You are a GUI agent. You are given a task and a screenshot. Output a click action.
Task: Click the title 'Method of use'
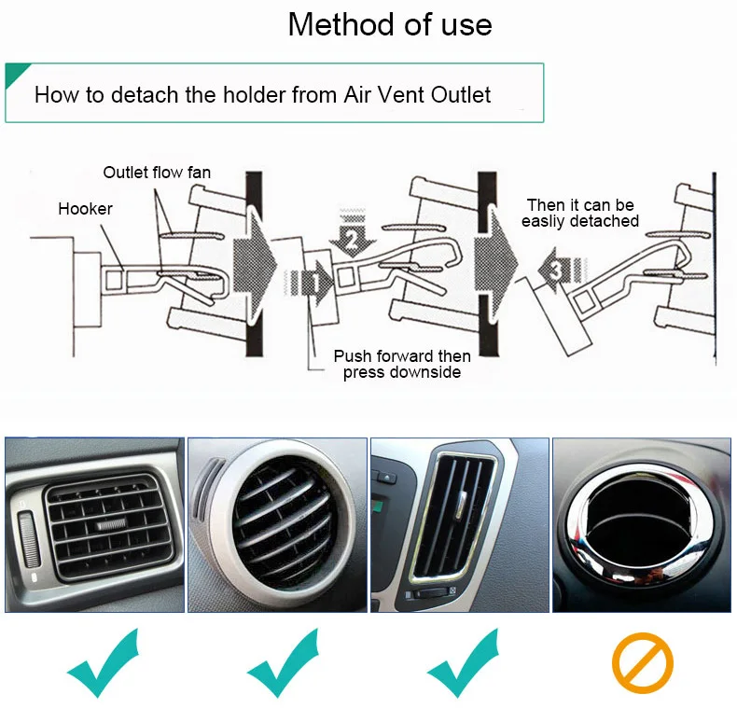coord(389,24)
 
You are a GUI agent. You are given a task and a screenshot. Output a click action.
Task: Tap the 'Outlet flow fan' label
coord(157,173)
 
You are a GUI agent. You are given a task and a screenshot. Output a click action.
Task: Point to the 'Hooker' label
coord(85,209)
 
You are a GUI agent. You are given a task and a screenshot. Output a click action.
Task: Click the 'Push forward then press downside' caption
coord(402,364)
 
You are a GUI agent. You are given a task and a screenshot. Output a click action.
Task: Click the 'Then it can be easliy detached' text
coord(579,213)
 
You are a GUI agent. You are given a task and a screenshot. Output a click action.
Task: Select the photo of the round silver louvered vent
coord(277,525)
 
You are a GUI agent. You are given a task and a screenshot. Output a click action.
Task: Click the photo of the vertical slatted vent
coord(460,525)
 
